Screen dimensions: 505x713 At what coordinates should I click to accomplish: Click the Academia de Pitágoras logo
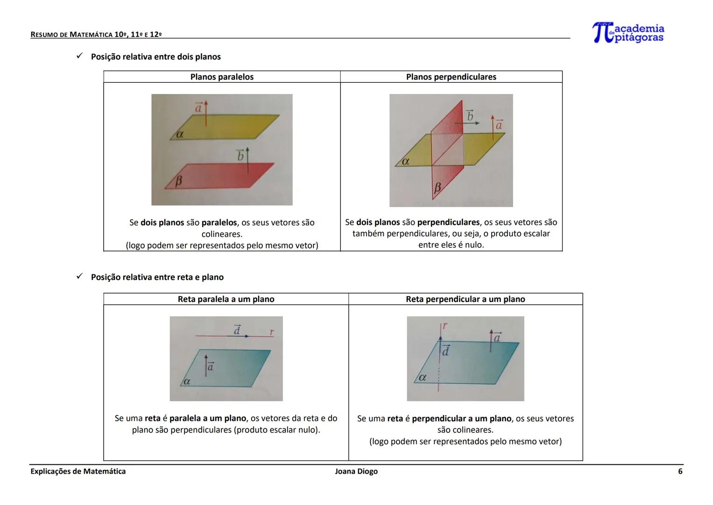click(x=628, y=33)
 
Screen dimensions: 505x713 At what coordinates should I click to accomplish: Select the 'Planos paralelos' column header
click(x=222, y=77)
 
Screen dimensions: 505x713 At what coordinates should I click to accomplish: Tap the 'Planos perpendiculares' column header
click(x=451, y=77)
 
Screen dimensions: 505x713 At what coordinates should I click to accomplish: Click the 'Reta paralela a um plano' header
click(x=226, y=299)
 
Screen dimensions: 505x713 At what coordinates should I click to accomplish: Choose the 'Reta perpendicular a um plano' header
click(x=465, y=299)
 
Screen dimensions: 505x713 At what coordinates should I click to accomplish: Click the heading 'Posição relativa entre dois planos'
click(x=155, y=57)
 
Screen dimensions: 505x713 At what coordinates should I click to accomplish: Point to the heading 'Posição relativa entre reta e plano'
click(x=157, y=277)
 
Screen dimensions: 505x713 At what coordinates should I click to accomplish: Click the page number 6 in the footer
click(x=680, y=471)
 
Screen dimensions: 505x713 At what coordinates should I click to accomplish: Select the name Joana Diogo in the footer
click(x=356, y=471)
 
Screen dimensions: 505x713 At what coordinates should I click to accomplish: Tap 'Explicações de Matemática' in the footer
click(x=78, y=471)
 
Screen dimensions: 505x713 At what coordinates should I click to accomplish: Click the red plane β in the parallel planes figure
click(x=219, y=176)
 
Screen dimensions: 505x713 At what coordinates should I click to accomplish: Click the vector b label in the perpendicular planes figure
click(x=470, y=115)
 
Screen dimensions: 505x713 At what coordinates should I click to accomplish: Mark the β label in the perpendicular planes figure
click(x=438, y=188)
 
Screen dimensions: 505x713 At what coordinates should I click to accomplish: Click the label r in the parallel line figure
click(x=272, y=332)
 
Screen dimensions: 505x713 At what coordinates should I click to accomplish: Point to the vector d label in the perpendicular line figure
click(x=445, y=351)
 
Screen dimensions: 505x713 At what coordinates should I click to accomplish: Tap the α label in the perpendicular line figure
click(x=423, y=377)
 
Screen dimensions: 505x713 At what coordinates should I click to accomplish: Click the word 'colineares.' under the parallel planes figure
click(x=222, y=234)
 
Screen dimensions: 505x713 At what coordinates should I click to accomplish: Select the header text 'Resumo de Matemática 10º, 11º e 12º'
click(x=96, y=35)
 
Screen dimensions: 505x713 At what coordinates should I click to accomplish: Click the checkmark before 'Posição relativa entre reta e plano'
click(x=79, y=277)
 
